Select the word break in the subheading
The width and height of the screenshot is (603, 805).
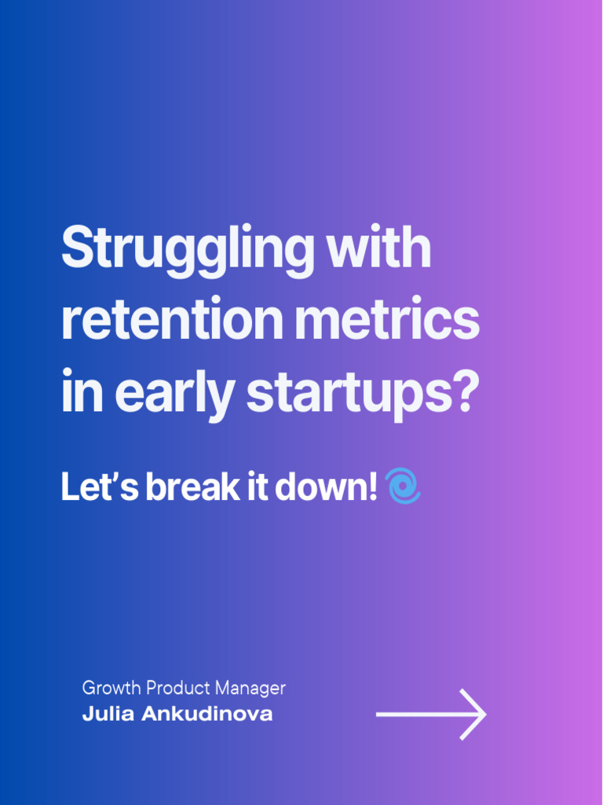point(184,487)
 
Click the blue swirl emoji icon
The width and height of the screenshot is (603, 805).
point(404,486)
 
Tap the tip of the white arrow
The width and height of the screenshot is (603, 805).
point(484,714)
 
